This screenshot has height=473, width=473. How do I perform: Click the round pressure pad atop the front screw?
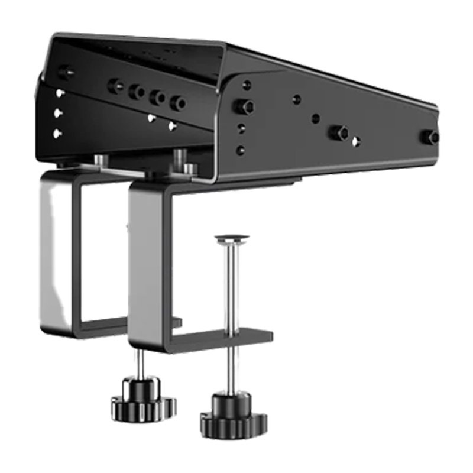[232, 239]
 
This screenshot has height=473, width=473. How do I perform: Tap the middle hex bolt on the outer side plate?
[339, 132]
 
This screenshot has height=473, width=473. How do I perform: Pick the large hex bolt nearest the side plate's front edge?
[244, 107]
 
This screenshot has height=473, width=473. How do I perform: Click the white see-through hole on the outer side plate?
[356, 141]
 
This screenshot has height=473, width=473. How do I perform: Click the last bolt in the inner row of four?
[177, 103]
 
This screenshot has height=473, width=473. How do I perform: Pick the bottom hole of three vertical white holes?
[57, 134]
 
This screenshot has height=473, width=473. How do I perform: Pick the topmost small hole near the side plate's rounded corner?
[247, 85]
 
